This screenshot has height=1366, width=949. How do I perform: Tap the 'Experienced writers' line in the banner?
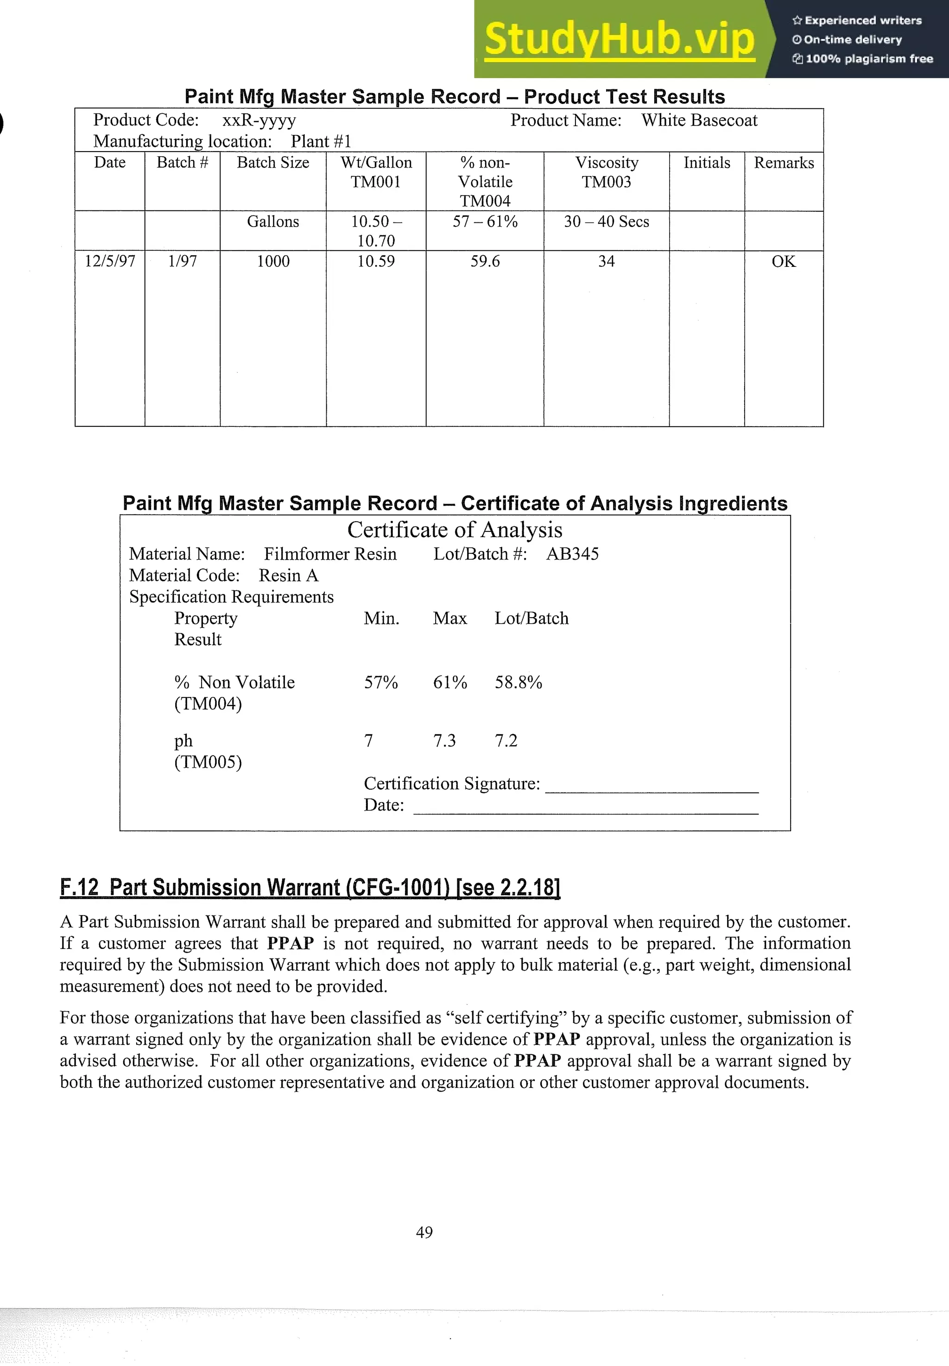(857, 20)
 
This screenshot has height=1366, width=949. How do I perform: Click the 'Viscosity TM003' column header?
(606, 172)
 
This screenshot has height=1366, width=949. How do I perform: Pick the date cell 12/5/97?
(110, 261)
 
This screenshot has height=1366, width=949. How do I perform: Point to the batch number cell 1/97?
(182, 261)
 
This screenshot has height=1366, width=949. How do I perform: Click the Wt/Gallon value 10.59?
(375, 261)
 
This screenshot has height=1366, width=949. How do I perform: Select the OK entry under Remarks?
(783, 261)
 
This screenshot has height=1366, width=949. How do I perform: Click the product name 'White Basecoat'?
(699, 120)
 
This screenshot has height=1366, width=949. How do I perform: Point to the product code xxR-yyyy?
(259, 120)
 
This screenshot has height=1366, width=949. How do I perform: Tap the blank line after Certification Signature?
(651, 786)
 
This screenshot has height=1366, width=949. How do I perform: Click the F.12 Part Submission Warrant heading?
(310, 887)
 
